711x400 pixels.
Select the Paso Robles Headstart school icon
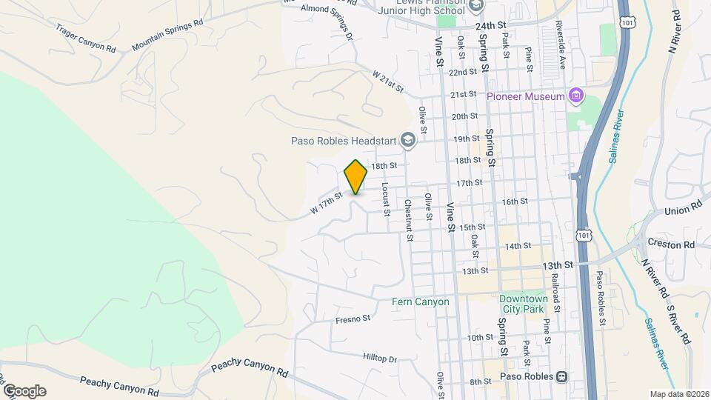click(x=407, y=139)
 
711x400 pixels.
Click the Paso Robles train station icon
click(x=561, y=376)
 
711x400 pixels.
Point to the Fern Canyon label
click(x=421, y=301)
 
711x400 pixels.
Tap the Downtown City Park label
click(x=523, y=304)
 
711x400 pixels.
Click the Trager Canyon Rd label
click(x=86, y=38)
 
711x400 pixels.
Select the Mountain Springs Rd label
click(x=167, y=35)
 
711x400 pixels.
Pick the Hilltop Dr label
click(x=380, y=359)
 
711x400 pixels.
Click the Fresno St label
click(x=352, y=319)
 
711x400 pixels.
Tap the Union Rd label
click(x=682, y=210)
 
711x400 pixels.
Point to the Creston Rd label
click(x=670, y=244)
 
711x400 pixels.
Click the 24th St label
click(x=490, y=25)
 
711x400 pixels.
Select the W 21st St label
click(x=387, y=81)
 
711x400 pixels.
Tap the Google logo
click(x=24, y=390)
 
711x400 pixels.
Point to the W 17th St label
click(x=327, y=205)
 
